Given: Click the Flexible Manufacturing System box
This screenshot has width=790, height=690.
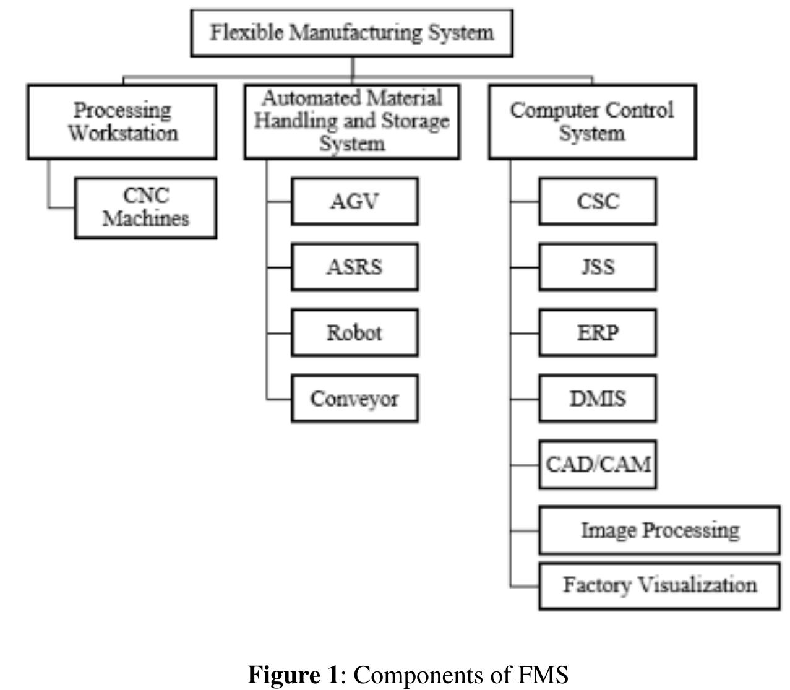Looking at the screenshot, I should point(351,33).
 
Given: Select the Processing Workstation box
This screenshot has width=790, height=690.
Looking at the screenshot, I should point(122,122).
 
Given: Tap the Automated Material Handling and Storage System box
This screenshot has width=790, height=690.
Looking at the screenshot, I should point(351,122).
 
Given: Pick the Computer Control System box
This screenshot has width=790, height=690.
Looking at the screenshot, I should point(592,122).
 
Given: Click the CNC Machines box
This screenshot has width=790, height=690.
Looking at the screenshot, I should point(145,207).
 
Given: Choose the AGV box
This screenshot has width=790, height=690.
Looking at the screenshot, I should point(354,201).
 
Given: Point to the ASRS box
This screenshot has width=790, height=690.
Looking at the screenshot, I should point(354,267).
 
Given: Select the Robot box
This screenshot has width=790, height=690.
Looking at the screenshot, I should point(354,332).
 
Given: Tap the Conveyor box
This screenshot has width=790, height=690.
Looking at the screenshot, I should point(354,399).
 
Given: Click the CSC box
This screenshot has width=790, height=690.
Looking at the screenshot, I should point(598,201).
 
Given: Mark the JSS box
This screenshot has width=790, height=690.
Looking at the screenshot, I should point(598,267).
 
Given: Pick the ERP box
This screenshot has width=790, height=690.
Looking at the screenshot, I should point(598,332).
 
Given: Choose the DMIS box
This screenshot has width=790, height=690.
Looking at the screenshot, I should point(598,399).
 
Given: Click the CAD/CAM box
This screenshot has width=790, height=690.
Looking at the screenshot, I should point(598,464).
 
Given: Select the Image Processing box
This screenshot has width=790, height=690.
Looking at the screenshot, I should point(659,530).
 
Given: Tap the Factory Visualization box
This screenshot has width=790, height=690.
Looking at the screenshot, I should point(659,585).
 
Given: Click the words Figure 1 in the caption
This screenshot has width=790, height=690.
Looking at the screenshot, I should point(293,674).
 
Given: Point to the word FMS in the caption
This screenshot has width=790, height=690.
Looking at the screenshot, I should point(544,674).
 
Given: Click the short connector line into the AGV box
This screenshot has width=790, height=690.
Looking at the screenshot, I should point(280,201).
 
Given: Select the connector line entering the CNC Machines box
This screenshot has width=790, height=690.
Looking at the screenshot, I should point(62,207).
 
